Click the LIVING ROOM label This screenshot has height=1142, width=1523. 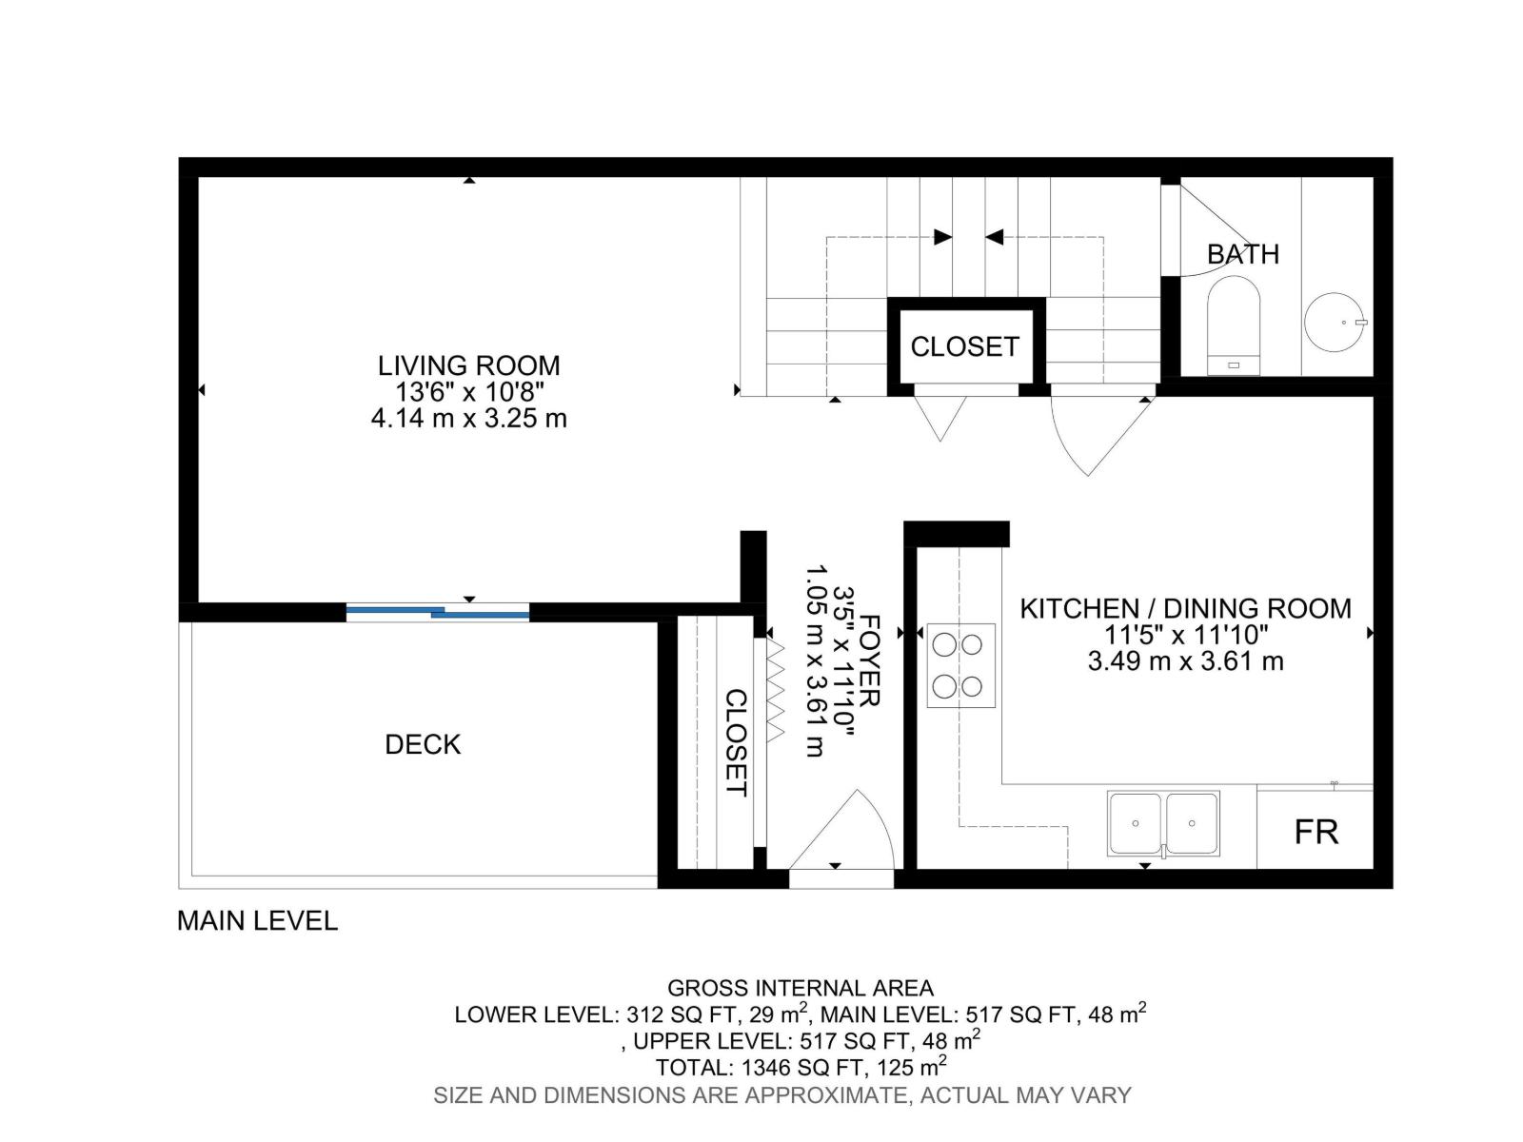[x=468, y=365]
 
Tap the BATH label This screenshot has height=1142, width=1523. [x=1242, y=254]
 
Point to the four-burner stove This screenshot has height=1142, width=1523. [x=960, y=665]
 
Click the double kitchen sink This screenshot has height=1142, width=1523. [x=1162, y=823]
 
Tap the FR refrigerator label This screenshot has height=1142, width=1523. [x=1315, y=832]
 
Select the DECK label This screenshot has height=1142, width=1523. [x=423, y=744]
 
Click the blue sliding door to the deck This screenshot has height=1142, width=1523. [x=437, y=613]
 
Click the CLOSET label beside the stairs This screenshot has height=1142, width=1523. [x=964, y=346]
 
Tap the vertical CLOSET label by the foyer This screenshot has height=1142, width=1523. [x=736, y=742]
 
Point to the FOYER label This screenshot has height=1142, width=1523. [x=869, y=660]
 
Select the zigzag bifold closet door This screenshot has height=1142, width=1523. [x=774, y=690]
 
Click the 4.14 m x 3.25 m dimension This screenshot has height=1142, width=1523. [x=468, y=418]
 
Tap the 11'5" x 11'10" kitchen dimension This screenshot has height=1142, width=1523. [x=1185, y=635]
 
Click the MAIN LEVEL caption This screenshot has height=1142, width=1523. [x=257, y=920]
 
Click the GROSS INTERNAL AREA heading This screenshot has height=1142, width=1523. [x=800, y=988]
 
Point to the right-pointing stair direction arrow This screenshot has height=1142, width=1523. [x=942, y=237]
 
